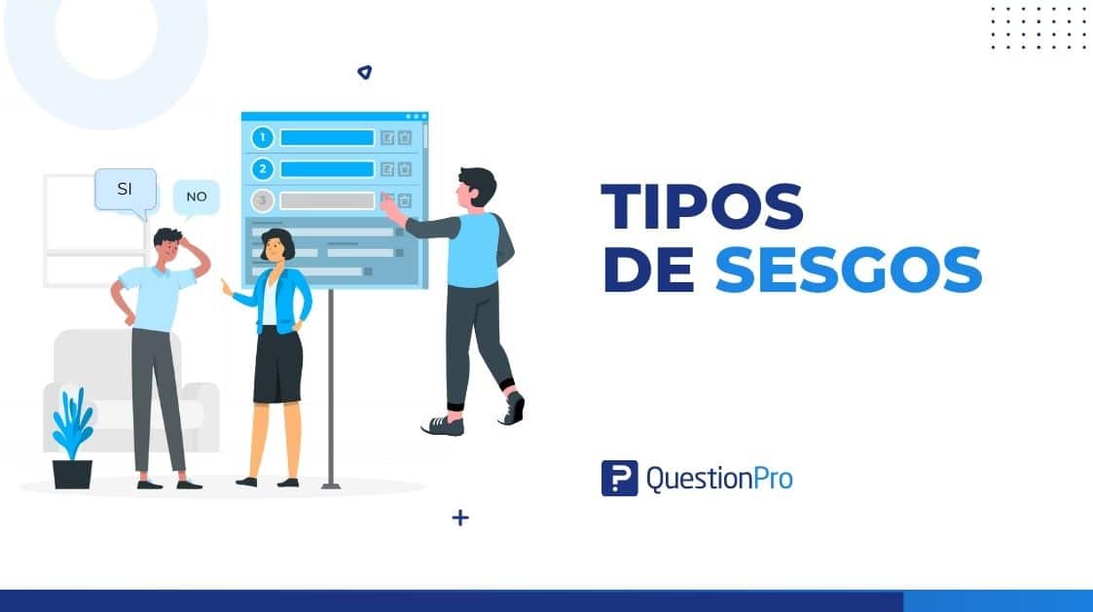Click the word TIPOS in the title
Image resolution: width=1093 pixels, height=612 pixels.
click(x=702, y=207)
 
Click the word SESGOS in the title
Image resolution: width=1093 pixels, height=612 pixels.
click(x=848, y=270)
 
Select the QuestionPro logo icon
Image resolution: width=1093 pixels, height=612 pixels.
click(x=619, y=478)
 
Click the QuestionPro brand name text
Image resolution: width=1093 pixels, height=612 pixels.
click(x=718, y=478)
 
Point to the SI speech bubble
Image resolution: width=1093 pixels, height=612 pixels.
click(x=125, y=190)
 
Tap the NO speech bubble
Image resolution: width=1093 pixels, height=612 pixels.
click(x=197, y=197)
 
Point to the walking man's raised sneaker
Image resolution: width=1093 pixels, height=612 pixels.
click(x=514, y=408)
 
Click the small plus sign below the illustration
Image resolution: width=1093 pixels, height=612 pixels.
click(x=460, y=518)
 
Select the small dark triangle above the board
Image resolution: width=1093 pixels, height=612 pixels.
click(x=364, y=72)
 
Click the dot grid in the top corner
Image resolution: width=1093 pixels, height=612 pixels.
click(x=1038, y=27)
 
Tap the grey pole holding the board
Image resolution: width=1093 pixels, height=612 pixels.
click(x=332, y=389)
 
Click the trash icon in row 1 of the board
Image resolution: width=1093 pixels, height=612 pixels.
click(x=405, y=137)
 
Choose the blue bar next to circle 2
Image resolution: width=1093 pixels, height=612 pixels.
click(x=327, y=169)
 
